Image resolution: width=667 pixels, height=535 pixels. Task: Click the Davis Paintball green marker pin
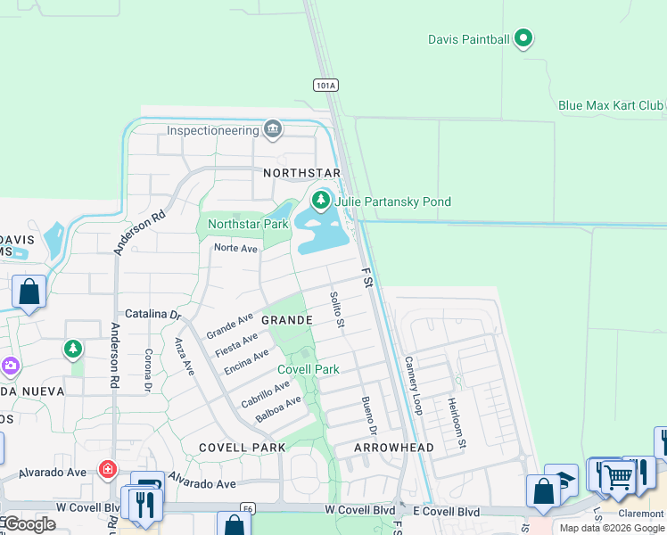(x=524, y=38)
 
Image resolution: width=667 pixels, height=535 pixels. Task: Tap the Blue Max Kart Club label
(x=611, y=105)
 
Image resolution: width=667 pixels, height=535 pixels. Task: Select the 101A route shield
(x=326, y=86)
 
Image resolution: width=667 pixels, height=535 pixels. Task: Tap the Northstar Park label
(x=248, y=224)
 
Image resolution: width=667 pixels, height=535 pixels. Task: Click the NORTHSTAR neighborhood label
(x=302, y=172)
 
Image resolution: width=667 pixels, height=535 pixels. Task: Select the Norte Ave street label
(x=235, y=249)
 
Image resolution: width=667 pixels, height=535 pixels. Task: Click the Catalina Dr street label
(x=152, y=314)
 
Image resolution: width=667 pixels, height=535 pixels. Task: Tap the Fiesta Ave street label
(x=236, y=344)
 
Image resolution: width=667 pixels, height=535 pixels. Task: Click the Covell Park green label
(x=309, y=369)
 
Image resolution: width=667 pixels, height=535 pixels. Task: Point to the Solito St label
(x=336, y=309)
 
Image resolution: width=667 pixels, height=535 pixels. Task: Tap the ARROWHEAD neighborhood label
(x=394, y=448)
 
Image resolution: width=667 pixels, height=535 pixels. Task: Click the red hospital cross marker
(x=108, y=468)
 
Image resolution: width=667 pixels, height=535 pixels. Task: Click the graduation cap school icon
(x=562, y=479)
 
